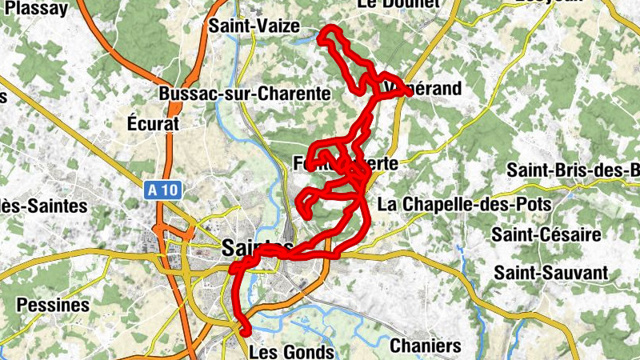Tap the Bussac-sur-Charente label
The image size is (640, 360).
(x=245, y=94)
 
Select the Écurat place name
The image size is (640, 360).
(x=153, y=124)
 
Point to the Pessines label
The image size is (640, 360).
(x=53, y=306)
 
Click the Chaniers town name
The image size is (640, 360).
(x=426, y=346)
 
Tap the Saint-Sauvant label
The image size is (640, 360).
(x=550, y=273)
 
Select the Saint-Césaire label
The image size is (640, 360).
(x=546, y=234)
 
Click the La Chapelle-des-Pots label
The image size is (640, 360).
(x=464, y=204)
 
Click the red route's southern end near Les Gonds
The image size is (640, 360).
(x=244, y=330)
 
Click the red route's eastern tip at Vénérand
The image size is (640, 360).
(x=408, y=92)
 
